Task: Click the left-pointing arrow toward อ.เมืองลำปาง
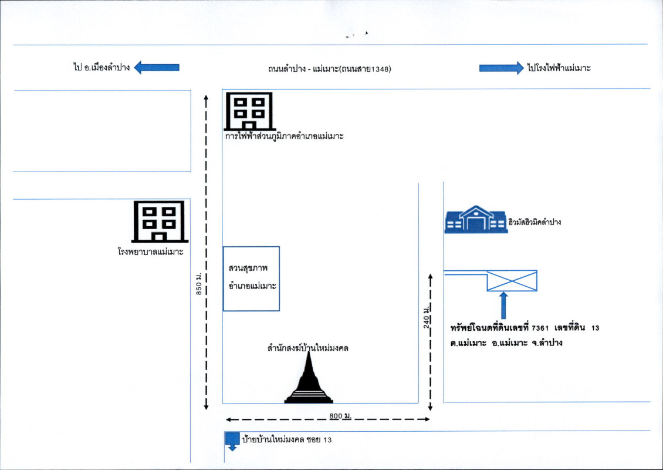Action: pos(157,68)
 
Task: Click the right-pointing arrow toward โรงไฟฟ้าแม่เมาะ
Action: pos(500,68)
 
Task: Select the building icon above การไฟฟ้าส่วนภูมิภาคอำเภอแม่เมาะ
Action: pos(249,111)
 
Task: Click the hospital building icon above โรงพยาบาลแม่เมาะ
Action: pos(160,221)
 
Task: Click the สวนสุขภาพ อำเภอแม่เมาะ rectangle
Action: pos(251,278)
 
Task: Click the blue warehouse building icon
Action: pos(476,220)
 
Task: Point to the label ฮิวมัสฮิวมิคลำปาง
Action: pos(535,222)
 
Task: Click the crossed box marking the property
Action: pos(512,280)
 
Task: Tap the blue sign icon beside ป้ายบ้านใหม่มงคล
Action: pos(232,440)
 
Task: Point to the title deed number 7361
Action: pos(539,327)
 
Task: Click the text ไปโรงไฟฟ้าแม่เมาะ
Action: pos(558,68)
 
